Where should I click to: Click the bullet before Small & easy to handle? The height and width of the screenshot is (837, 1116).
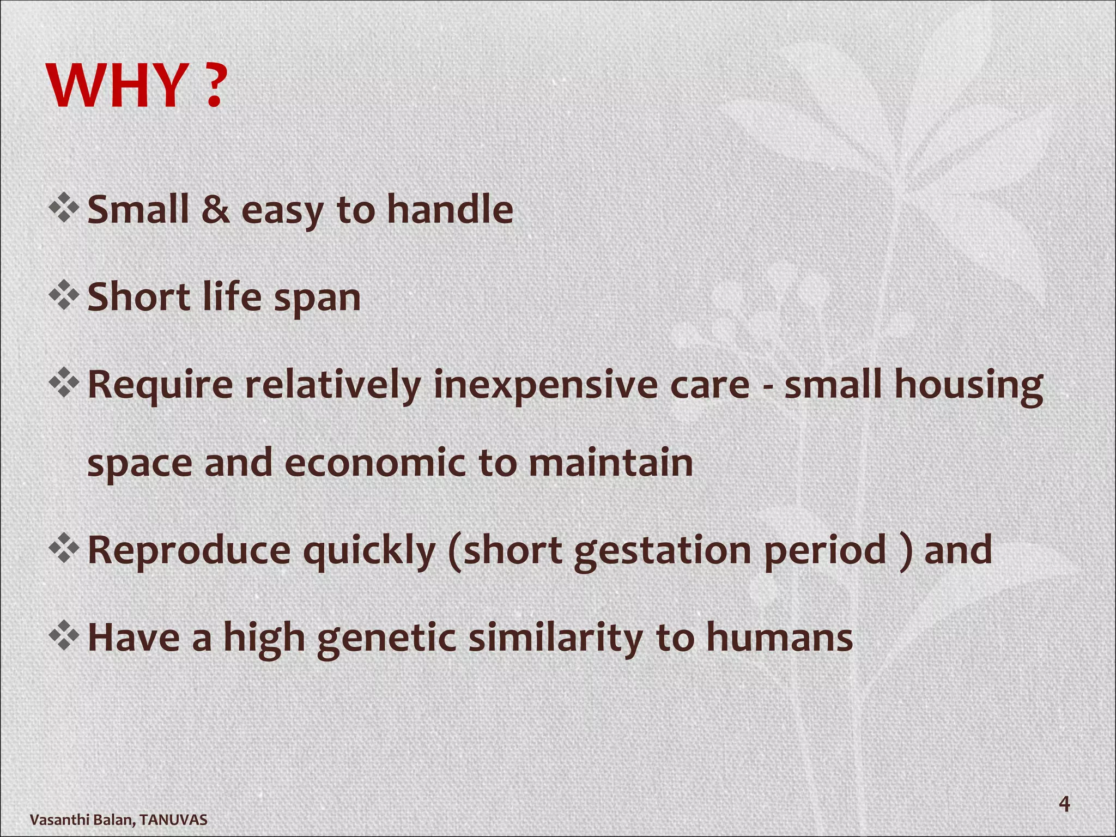point(64,208)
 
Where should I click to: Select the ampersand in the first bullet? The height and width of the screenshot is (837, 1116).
point(215,210)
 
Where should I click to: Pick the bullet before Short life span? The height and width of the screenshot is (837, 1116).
point(64,296)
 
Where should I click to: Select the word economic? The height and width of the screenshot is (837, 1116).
point(375,463)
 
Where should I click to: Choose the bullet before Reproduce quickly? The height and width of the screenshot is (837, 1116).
point(64,548)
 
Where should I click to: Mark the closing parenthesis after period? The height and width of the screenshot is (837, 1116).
point(905,551)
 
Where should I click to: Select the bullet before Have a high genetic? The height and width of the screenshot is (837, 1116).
point(64,635)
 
